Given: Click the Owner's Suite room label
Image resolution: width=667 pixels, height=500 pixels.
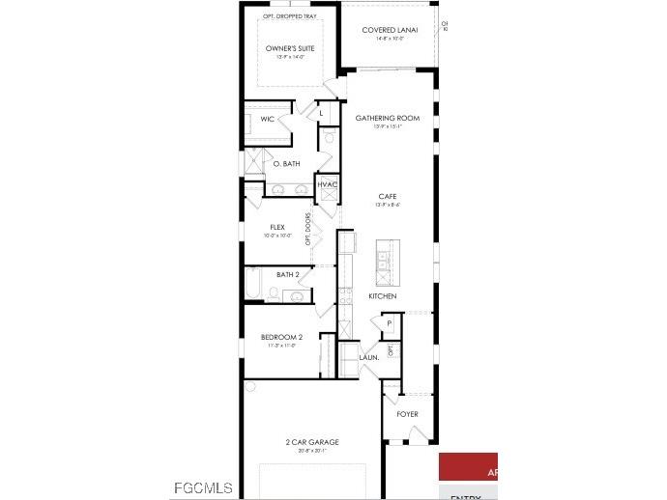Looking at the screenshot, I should coord(290,48).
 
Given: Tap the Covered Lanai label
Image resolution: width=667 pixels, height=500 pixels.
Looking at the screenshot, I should coord(390,30).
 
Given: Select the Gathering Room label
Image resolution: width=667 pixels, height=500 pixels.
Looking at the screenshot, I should coord(387,118).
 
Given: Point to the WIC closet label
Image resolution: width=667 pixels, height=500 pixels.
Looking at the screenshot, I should coord(267,119).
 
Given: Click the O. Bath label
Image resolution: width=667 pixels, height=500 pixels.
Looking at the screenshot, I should coord(286,163).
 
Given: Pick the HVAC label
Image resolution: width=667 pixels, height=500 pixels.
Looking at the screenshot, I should coord(329,183).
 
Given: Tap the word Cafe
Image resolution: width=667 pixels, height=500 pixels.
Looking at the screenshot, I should coord(387,196).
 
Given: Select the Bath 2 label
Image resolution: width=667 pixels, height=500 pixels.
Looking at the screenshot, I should coord(288,274).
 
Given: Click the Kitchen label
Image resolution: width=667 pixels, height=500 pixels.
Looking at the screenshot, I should coord(382,295).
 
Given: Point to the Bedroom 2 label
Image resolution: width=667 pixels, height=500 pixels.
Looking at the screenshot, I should coord(281,337).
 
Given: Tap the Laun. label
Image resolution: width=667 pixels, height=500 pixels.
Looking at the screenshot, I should coord(368,357).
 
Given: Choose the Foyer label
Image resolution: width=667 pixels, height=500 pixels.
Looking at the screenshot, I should coord(408,414).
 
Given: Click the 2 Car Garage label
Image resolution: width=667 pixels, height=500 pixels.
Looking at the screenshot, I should coord(311,442).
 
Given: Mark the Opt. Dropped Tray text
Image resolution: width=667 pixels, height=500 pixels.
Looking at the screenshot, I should coord(290,15).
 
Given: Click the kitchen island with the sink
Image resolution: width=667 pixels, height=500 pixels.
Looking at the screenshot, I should coord(387,262).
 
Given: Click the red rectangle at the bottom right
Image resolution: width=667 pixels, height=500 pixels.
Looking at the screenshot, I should coord(468,467).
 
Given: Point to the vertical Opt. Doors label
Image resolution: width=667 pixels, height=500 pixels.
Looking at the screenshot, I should coord(308,229).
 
